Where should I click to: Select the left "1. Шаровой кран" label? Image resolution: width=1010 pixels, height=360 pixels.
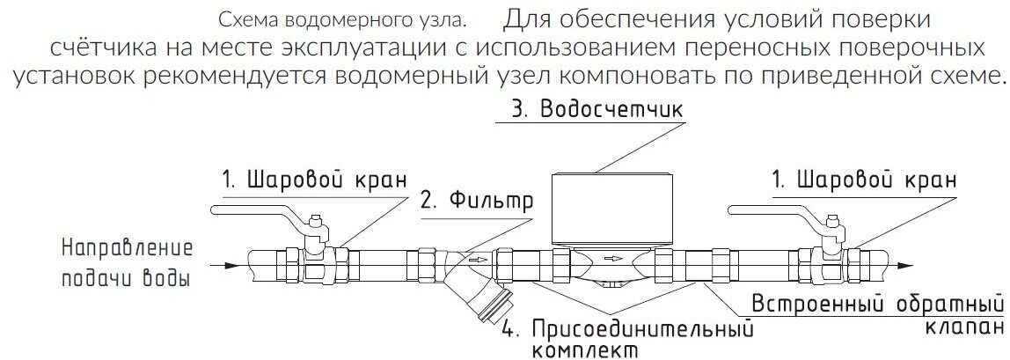click(x=313, y=181)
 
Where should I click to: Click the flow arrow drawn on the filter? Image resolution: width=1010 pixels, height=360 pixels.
click(x=475, y=261)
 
